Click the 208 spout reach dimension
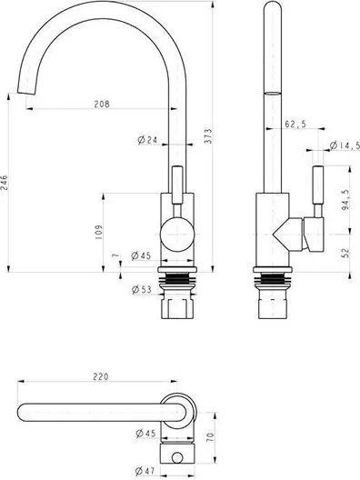click(102, 104)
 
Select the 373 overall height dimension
click(207, 136)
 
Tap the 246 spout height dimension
click(4, 183)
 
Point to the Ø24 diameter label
click(147, 140)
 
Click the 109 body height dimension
click(98, 232)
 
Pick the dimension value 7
click(115, 255)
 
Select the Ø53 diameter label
click(142, 289)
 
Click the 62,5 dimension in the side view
click(295, 124)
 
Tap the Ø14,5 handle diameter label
click(345, 145)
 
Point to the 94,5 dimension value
click(345, 200)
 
